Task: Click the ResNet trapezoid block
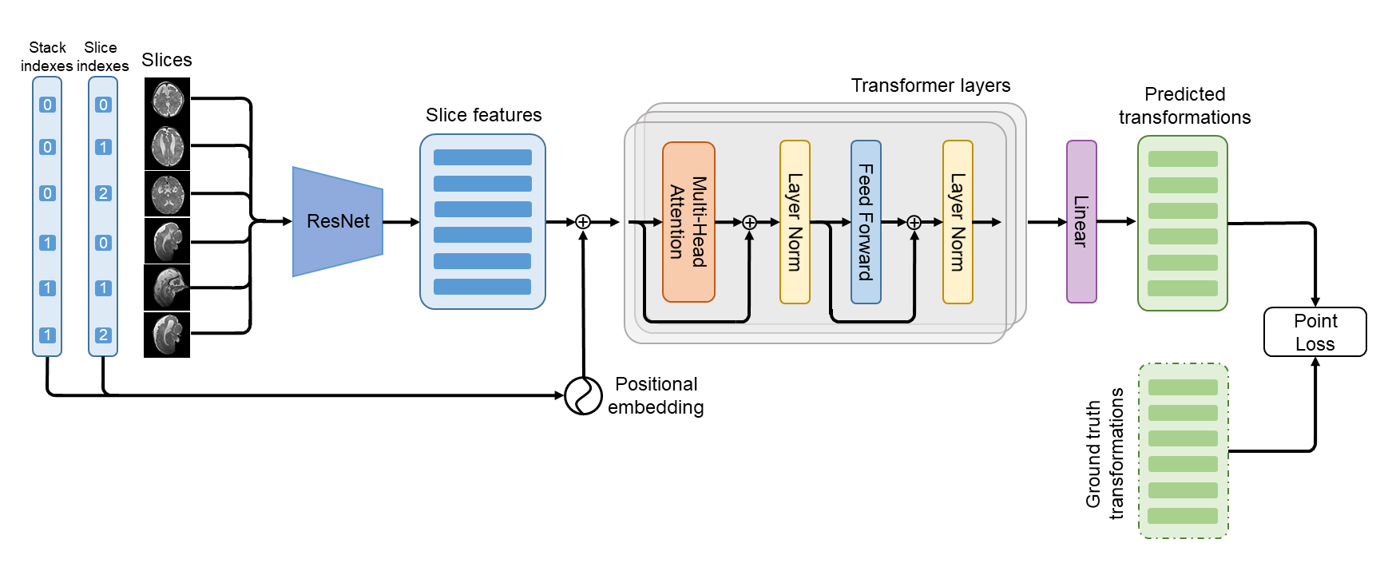point(338,221)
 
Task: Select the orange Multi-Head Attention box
point(688,222)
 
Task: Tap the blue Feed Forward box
point(866,222)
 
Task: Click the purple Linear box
point(1081,222)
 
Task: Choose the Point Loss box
point(1315,332)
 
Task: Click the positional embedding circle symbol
point(583,395)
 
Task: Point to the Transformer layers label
point(930,85)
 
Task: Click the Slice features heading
point(483,115)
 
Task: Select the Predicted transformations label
point(1184,105)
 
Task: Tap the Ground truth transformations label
point(1104,454)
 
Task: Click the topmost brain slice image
point(167,100)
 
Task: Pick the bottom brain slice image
point(167,335)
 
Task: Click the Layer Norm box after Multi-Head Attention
point(795,222)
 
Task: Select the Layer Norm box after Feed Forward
point(958,222)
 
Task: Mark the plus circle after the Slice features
point(583,222)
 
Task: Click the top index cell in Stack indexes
point(47,105)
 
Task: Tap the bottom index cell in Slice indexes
point(103,335)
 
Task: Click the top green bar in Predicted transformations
point(1183,160)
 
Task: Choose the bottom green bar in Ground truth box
point(1183,516)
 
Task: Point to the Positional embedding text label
point(656,395)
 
